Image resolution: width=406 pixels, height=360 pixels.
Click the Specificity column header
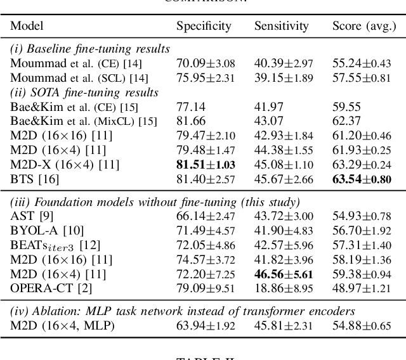pyautogui.click(x=203, y=27)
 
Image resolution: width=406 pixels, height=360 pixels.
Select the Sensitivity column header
pyautogui.click(x=281, y=27)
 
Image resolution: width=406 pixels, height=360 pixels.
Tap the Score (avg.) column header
pyautogui.click(x=362, y=27)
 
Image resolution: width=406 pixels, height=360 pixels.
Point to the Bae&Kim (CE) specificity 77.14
pyautogui.click(x=188, y=106)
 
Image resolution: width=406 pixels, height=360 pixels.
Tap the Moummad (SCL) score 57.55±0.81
pyautogui.click(x=362, y=78)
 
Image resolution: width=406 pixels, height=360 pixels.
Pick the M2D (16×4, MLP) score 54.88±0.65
pyautogui.click(x=362, y=326)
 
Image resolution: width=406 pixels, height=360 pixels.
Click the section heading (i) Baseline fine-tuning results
pyautogui.click(x=89, y=49)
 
